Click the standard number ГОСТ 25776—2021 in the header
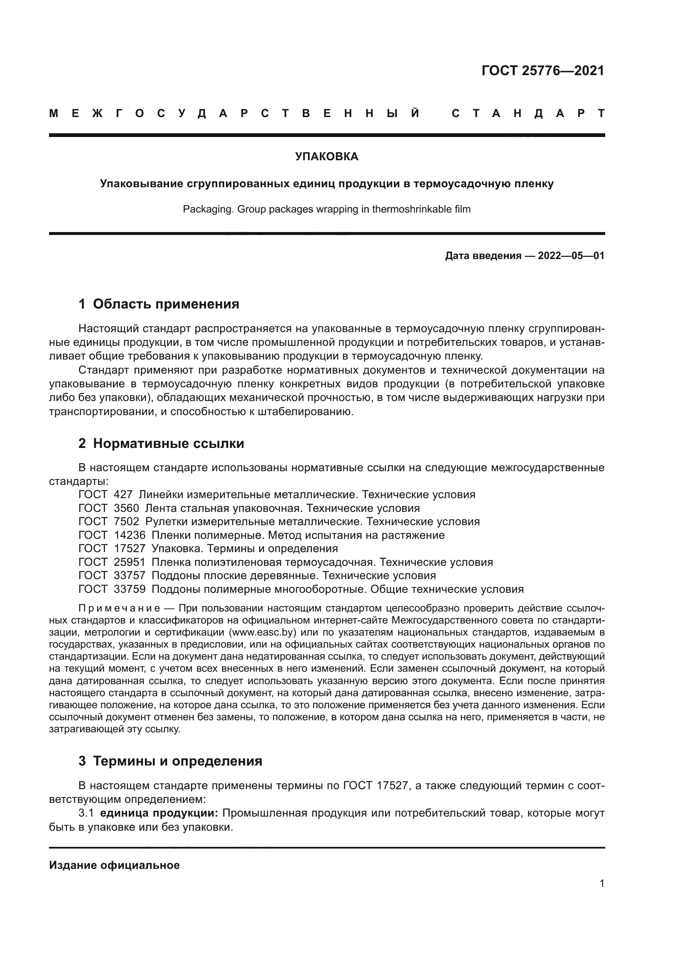(x=543, y=71)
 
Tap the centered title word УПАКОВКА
(x=326, y=157)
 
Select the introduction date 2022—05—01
(x=571, y=255)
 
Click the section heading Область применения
(x=166, y=303)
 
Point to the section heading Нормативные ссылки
(x=168, y=443)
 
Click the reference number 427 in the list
(x=123, y=494)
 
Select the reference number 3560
(x=127, y=508)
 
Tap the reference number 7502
(x=127, y=521)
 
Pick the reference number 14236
(x=130, y=535)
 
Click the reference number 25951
(x=130, y=562)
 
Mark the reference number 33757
(x=130, y=575)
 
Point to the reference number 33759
(x=130, y=589)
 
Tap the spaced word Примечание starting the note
(x=119, y=608)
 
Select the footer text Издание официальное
(x=114, y=865)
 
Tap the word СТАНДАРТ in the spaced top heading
(x=528, y=113)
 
